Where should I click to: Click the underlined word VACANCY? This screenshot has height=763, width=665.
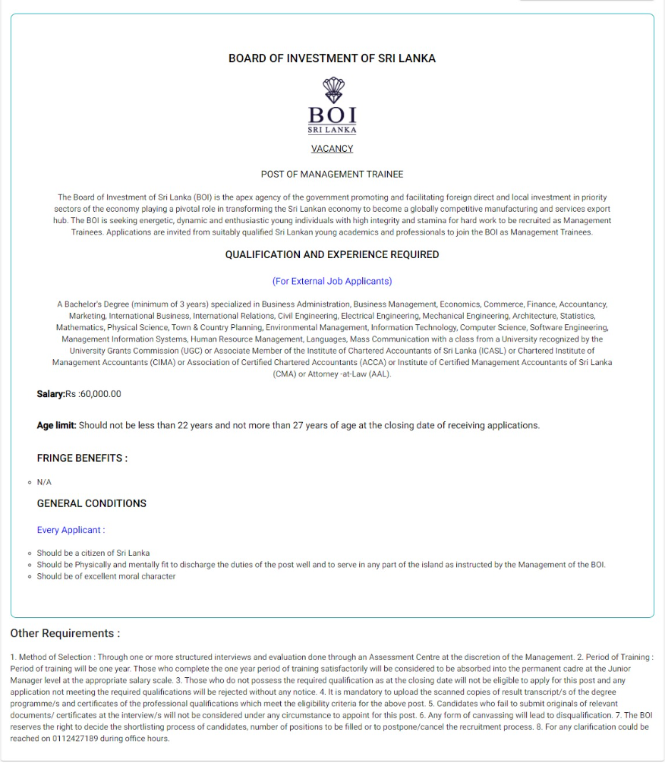coord(332,149)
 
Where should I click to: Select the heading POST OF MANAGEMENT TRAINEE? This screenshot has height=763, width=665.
coord(332,174)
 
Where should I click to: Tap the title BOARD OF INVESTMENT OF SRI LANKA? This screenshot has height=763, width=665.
coord(332,58)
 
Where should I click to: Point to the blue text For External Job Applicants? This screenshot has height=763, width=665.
coord(332,281)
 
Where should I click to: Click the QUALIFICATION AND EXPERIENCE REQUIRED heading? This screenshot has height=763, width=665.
coord(332,255)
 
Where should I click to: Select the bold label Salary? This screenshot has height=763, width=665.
coord(50,394)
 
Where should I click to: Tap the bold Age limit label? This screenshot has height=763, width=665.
coord(56,425)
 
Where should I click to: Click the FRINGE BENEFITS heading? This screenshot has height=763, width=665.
coord(82,459)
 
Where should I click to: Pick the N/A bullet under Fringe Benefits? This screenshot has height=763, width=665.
coord(44,482)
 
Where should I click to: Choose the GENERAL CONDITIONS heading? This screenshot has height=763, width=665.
coord(91,503)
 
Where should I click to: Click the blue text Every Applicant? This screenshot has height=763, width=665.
coord(71,530)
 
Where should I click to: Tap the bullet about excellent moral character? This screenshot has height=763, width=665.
coord(106,576)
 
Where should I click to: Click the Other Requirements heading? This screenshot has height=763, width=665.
coord(65,633)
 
